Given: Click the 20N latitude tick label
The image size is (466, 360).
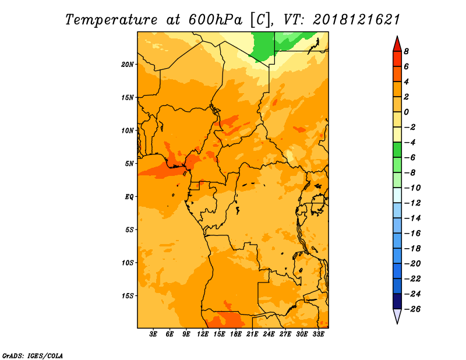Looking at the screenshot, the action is pos(128,65).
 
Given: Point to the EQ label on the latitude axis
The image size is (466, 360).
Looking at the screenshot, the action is pos(129,197).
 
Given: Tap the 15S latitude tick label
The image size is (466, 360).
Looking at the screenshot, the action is pos(128,296).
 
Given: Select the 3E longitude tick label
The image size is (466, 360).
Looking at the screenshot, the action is pos(153,334).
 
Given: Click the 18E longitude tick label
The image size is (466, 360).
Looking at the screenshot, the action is pos(236,334).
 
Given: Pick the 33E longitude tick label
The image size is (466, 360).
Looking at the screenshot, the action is pos(318,334).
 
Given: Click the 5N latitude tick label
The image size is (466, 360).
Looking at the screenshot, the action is pos(129,164).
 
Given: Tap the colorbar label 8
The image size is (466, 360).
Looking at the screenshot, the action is pos(406,51).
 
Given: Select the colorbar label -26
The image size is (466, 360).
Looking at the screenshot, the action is pos(412,309).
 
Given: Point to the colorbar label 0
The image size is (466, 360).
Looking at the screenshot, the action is pos(406,112).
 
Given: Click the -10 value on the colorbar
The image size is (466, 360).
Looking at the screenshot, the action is pos(412,188).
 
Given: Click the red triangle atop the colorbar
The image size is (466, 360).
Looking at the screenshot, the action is pos(397,44).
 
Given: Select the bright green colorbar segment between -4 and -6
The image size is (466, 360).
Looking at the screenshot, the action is pos(397,150).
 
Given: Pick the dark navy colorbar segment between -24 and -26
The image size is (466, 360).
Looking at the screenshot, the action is pos(397,301).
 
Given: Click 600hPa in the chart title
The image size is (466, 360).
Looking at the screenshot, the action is pos(215,20).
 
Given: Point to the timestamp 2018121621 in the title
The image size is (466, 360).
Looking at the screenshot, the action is pos(356,20).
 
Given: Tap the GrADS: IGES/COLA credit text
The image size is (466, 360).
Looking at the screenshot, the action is pos(33,356).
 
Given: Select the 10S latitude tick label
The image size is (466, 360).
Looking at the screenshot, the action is pos(128,263).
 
